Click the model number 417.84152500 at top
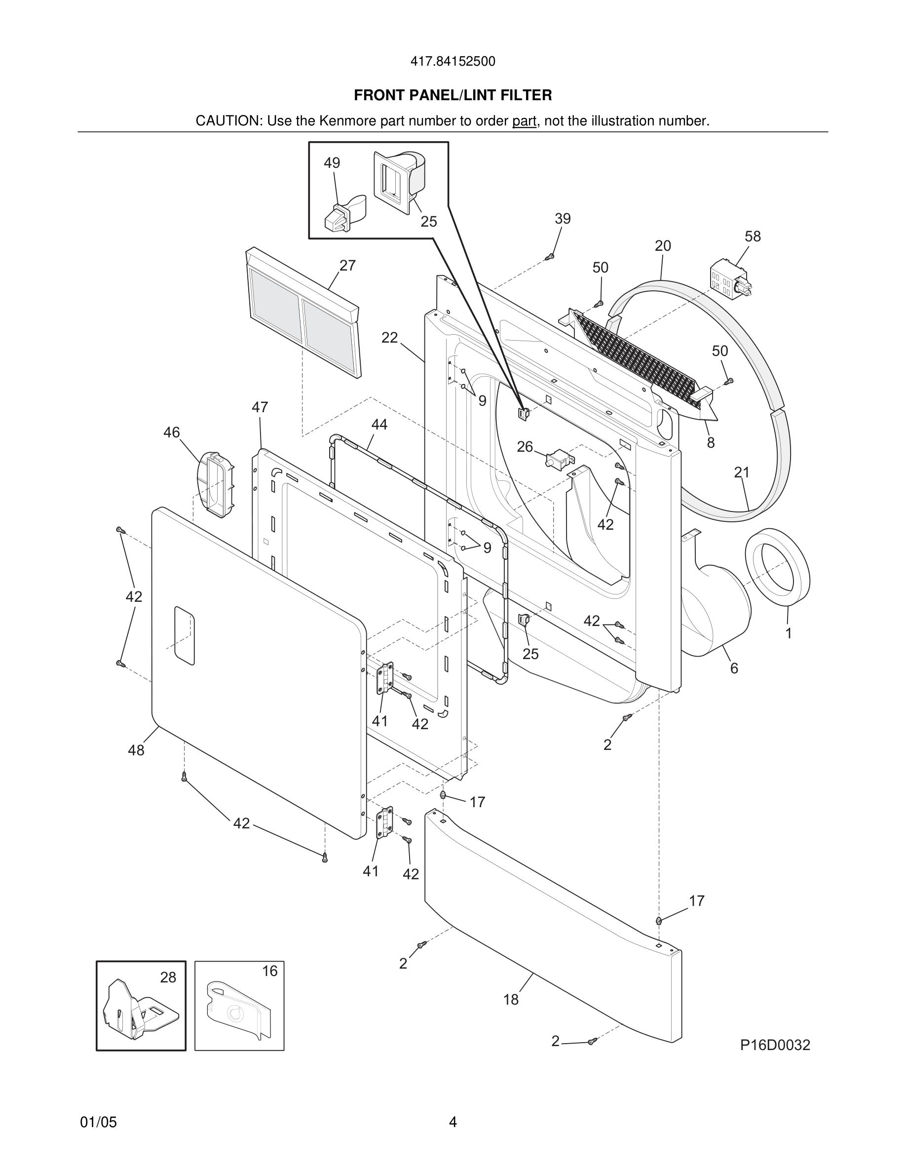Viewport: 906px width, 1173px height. click(453, 62)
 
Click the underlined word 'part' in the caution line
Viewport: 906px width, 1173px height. click(524, 121)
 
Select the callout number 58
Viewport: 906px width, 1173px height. click(753, 236)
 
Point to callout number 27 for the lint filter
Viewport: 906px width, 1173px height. click(347, 265)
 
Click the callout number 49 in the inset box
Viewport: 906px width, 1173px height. click(332, 163)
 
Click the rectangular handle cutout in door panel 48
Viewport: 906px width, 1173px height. click(184, 636)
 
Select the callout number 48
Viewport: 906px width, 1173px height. click(136, 750)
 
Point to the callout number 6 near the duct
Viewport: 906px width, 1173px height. click(734, 668)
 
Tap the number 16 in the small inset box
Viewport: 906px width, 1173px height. click(269, 971)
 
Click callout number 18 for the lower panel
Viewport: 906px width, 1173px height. click(510, 1000)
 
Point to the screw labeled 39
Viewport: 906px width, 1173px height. click(549, 257)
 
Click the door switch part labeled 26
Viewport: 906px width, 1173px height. click(557, 460)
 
